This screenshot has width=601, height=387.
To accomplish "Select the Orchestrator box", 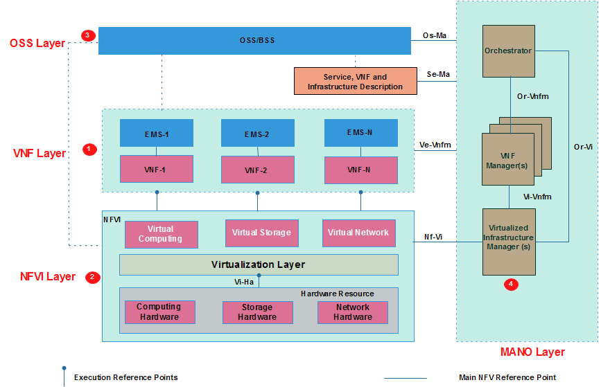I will (509, 51).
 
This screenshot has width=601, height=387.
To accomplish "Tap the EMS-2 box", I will (256, 134).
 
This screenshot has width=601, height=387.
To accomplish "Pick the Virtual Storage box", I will (261, 233).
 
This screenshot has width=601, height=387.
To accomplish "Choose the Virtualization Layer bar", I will (259, 264).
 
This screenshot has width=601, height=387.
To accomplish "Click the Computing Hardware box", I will (159, 312).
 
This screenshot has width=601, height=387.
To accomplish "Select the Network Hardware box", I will (352, 312).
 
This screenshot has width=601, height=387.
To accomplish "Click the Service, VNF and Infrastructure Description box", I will (355, 82).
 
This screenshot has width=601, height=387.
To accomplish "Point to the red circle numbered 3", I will (87, 35).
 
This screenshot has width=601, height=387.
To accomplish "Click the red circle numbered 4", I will (511, 284).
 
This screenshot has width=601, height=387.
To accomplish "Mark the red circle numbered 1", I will (88, 149).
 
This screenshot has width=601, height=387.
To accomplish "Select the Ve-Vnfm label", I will (435, 145).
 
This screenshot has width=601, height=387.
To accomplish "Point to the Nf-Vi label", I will (433, 237).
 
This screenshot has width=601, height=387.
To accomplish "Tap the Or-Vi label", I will (583, 147).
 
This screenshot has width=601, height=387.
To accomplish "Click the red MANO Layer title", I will (532, 352).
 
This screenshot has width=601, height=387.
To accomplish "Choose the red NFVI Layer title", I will (48, 276).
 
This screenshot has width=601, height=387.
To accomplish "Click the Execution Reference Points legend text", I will (125, 377).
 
